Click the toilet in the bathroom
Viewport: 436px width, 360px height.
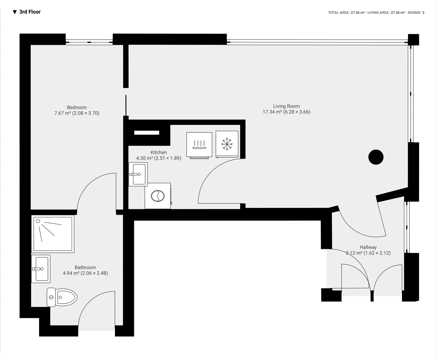tap(63, 297)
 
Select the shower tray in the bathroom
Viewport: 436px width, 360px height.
tap(53, 234)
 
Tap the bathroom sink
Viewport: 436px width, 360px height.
tap(41, 269)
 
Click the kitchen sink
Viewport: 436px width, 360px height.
tap(138, 174)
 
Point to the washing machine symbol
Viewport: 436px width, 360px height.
tap(158, 196)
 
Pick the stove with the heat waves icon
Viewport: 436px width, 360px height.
tap(199, 145)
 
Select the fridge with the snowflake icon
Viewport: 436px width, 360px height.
tap(227, 144)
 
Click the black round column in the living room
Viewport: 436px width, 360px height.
tap(376, 157)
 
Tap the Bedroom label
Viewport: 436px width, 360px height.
tap(77, 107)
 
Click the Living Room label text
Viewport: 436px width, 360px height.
tap(286, 106)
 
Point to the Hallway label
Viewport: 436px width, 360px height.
tap(368, 247)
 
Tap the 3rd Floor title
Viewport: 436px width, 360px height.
tap(30, 12)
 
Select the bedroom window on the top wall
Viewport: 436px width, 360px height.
tap(89, 42)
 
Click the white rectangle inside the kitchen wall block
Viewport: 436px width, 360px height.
tap(147, 133)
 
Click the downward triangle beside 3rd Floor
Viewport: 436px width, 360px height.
tap(15, 12)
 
